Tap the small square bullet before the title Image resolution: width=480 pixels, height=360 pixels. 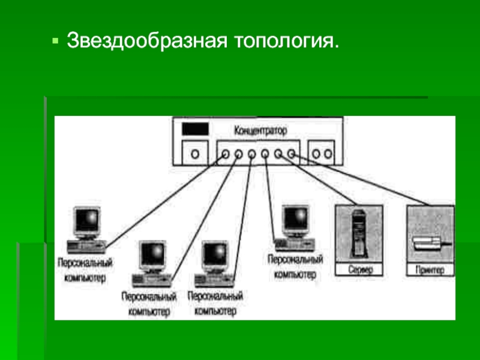[55, 41]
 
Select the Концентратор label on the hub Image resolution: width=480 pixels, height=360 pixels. [260, 130]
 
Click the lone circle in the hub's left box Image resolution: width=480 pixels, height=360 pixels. [195, 154]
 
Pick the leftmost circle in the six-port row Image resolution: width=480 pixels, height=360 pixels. [225, 154]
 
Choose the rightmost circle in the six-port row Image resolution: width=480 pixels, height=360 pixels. [291, 154]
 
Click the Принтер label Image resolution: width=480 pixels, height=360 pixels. [430, 270]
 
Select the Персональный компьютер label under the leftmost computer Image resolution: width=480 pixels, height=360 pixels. [85, 270]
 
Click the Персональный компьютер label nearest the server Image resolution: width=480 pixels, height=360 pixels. [295, 266]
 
